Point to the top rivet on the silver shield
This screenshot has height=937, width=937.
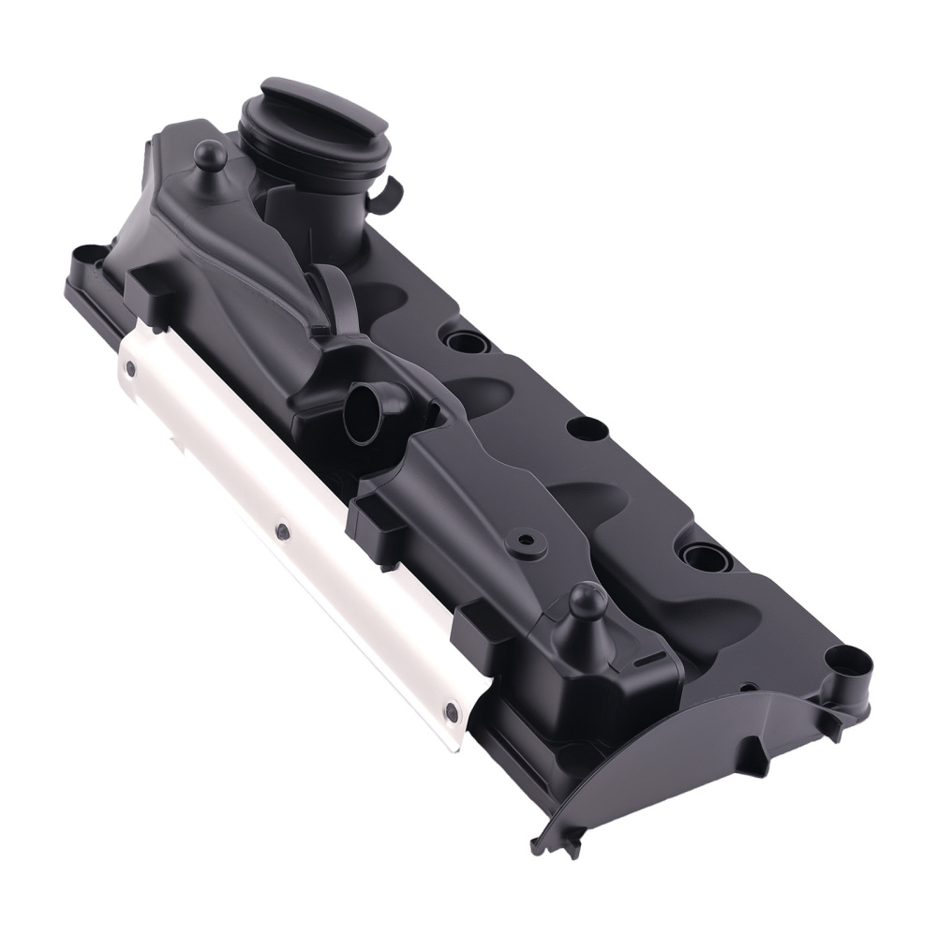pyautogui.click(x=130, y=368)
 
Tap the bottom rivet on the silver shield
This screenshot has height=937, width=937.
pyautogui.click(x=452, y=712)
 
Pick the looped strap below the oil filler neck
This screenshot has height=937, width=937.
pyautogui.click(x=342, y=300)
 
